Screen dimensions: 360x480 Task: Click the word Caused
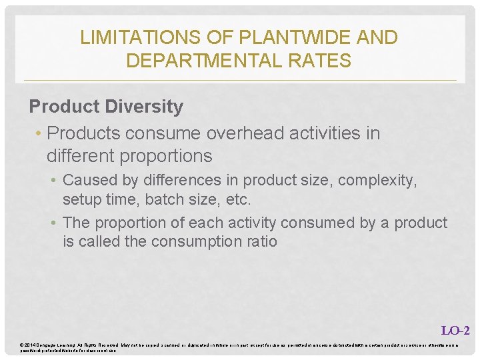pos(87,181)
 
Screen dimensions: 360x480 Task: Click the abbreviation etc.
pos(239,199)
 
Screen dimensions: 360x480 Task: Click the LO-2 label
pos(455,330)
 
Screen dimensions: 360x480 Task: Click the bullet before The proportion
pos(56,223)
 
